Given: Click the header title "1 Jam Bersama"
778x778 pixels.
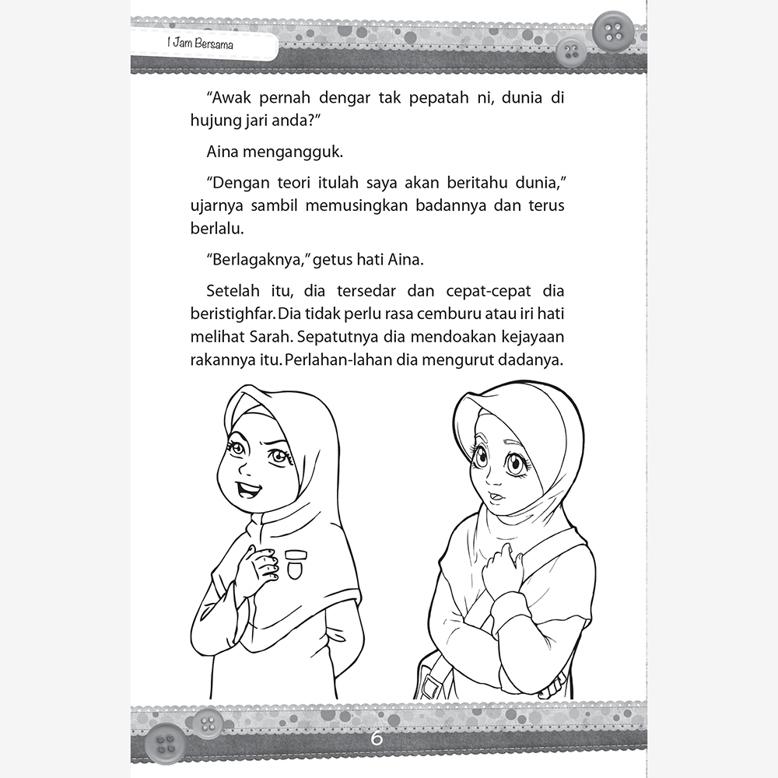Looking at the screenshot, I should click(x=201, y=46).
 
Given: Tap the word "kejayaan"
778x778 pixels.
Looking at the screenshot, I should click(x=531, y=339).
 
